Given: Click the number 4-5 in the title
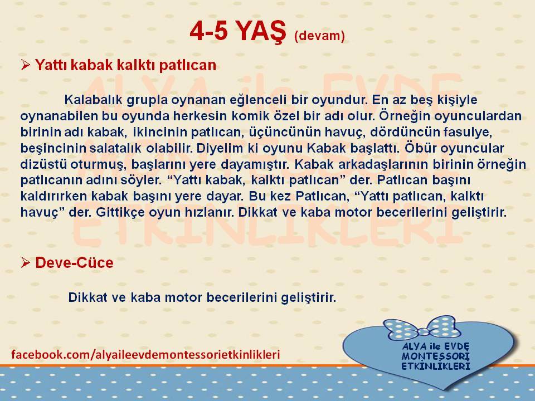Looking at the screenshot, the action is tap(209, 31).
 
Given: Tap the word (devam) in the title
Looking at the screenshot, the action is tap(319, 36).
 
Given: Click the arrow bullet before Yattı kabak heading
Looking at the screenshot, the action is tap(25, 64).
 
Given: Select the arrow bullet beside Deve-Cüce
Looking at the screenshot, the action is tap(25, 262).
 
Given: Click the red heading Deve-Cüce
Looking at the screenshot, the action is tap(74, 262).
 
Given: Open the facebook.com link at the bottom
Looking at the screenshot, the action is tap(145, 354).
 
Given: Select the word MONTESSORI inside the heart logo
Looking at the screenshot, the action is tap(436, 356).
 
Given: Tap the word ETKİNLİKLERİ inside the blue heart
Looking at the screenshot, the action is tap(436, 366).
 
